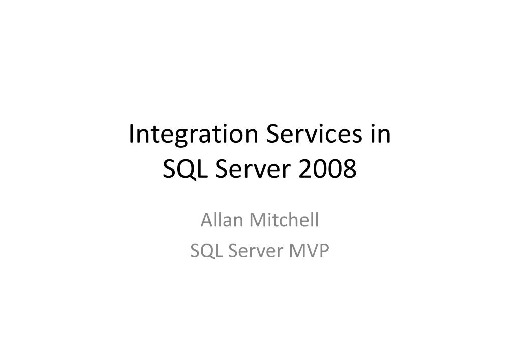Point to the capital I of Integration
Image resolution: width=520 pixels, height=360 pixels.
pos(132,135)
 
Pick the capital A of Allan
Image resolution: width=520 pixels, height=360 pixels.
pos(206,221)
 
